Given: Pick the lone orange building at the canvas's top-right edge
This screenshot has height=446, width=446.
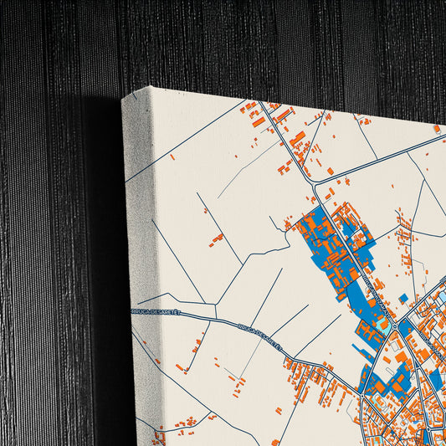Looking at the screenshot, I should pyautogui.click(x=436, y=129).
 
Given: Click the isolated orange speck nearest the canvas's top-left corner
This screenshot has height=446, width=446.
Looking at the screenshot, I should pyautogui.click(x=172, y=156).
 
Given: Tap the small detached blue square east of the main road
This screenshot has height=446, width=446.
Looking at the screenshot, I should pyautogui.click(x=403, y=298).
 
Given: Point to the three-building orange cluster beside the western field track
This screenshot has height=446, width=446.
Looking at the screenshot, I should pyautogui.click(x=217, y=239).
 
